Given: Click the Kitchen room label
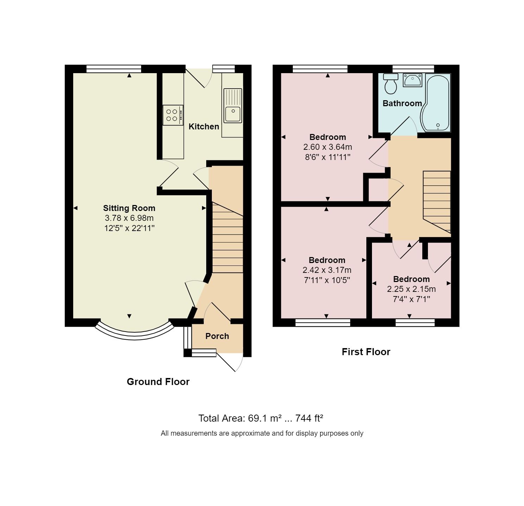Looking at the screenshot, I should click(x=204, y=127).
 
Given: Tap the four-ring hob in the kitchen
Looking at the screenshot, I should click(x=172, y=115).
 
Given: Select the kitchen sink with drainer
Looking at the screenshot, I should click(x=233, y=105).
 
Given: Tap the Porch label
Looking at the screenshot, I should click(x=217, y=336).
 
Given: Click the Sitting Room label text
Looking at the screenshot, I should click(x=129, y=208).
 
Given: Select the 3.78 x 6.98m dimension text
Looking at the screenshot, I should click(x=129, y=218).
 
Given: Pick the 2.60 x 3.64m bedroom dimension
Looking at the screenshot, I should click(x=328, y=147).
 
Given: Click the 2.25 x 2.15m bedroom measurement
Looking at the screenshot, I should click(x=411, y=289).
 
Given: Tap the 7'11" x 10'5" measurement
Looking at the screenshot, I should click(x=327, y=280).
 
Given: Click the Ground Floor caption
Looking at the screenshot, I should click(x=158, y=382).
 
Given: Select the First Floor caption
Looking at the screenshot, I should click(x=366, y=352).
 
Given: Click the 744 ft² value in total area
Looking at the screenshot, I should click(x=309, y=418).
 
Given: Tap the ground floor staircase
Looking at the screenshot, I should click(x=227, y=239).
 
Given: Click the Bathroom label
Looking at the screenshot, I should click(x=402, y=103).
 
